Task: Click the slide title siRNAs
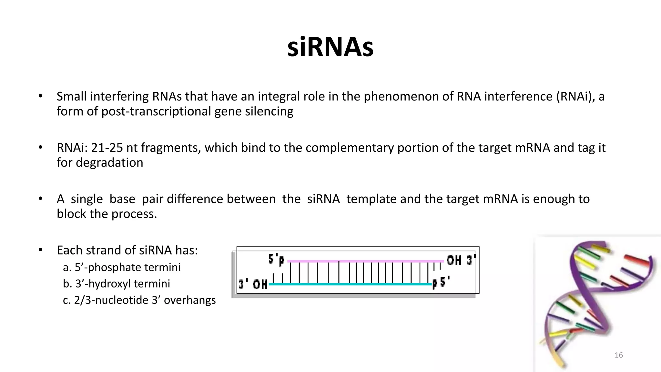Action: point(330,47)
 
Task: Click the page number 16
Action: point(618,355)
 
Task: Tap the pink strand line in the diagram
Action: point(365,261)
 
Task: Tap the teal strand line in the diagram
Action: point(350,284)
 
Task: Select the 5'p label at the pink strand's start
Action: point(276,260)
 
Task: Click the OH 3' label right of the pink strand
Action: point(461,260)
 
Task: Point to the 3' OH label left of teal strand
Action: point(253,284)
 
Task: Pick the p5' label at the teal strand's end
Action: point(441,283)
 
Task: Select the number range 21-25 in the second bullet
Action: point(107,148)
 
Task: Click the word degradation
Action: point(109,162)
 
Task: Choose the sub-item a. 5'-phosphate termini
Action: point(122,267)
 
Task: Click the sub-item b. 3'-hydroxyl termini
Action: point(117,284)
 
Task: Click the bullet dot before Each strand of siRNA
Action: point(40,250)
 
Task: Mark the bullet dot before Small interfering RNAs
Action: point(40,96)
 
